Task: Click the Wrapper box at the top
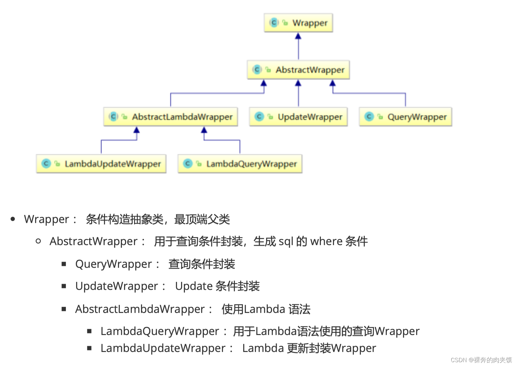(x=298, y=23)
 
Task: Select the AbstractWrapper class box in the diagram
(x=298, y=70)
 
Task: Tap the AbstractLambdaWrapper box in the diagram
(x=171, y=117)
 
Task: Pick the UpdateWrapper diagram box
(x=298, y=117)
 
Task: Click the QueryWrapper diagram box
(x=405, y=117)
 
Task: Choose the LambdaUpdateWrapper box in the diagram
(x=101, y=164)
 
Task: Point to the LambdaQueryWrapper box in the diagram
(x=240, y=164)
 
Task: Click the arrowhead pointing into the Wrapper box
(x=298, y=36)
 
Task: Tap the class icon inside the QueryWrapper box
(x=369, y=116)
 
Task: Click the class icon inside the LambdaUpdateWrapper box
(x=46, y=163)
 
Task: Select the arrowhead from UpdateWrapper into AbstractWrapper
(x=298, y=83)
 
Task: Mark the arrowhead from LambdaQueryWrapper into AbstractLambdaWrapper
(x=204, y=130)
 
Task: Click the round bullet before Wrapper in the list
(x=13, y=219)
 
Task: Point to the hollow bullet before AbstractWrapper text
(x=38, y=241)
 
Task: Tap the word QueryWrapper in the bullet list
(x=114, y=264)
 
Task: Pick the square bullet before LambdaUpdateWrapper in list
(x=89, y=348)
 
